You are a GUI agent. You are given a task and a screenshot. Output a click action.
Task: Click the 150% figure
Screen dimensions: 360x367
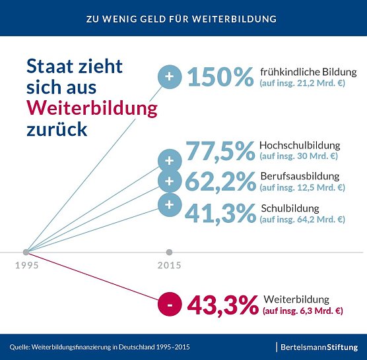(x=220, y=77)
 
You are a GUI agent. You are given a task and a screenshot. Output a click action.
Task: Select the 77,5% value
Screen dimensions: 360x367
(x=220, y=151)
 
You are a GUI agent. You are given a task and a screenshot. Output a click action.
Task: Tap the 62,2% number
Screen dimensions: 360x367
(x=220, y=182)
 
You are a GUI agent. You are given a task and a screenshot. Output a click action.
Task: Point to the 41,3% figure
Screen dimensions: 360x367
(x=220, y=213)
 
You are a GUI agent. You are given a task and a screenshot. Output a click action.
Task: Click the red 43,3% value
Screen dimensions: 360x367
(x=222, y=305)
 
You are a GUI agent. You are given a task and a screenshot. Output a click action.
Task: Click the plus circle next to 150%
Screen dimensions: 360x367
(x=170, y=77)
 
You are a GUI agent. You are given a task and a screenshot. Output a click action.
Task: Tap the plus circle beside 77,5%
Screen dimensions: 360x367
(x=170, y=160)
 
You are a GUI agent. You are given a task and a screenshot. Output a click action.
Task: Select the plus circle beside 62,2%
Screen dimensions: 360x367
(x=170, y=181)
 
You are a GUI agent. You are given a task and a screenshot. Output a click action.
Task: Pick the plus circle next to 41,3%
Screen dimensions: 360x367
(x=170, y=204)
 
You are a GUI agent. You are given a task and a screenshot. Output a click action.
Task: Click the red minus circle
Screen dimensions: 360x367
(x=170, y=305)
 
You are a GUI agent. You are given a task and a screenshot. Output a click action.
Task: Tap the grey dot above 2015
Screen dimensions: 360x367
(x=170, y=252)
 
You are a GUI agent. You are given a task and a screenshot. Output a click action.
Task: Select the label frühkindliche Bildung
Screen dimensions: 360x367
(x=308, y=72)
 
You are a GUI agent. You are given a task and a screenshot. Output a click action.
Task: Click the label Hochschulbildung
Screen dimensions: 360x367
(x=300, y=145)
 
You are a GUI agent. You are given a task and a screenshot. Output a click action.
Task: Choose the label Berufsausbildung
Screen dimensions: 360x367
(x=300, y=176)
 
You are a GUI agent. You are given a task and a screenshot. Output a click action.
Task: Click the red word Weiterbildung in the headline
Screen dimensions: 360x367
(x=92, y=107)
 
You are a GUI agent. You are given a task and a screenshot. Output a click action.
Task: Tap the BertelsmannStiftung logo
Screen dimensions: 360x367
(x=319, y=346)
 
